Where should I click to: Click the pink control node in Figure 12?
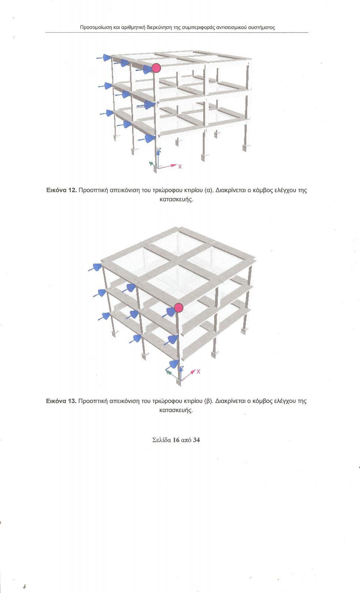pyautogui.click(x=156, y=68)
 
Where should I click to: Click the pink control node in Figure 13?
pyautogui.click(x=179, y=308)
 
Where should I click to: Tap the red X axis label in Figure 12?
pyautogui.click(x=180, y=166)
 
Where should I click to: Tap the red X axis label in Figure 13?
pyautogui.click(x=199, y=371)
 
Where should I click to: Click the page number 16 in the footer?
pyautogui.click(x=176, y=440)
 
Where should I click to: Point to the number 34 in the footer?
pyautogui.click(x=197, y=440)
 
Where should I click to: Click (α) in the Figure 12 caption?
pyautogui.click(x=208, y=191)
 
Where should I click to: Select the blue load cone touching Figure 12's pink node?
pyautogui.click(x=147, y=69)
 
